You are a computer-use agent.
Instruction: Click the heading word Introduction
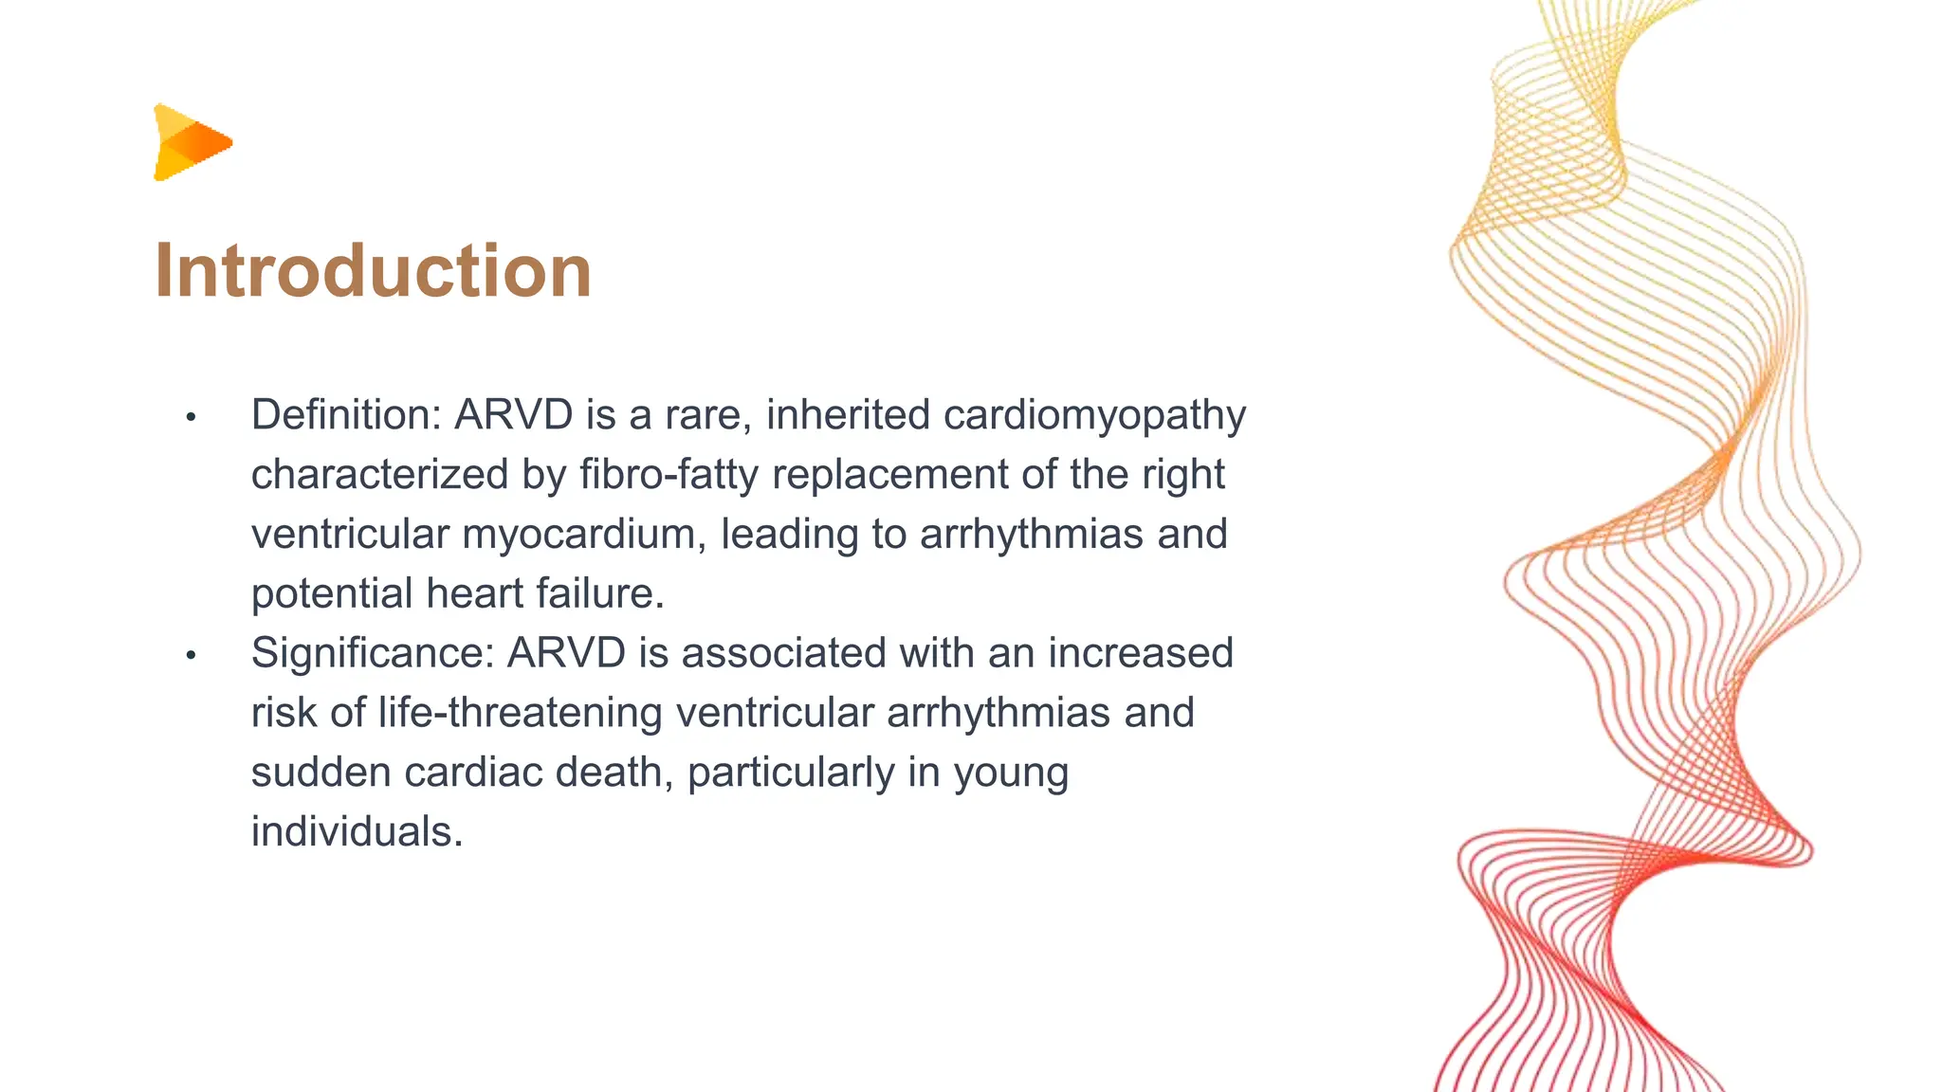(x=373, y=271)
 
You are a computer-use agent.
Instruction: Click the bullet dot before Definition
(x=191, y=417)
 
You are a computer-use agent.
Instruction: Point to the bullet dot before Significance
(x=191, y=655)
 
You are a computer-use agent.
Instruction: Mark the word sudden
(x=321, y=773)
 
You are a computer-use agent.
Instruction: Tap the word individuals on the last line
(x=357, y=832)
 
